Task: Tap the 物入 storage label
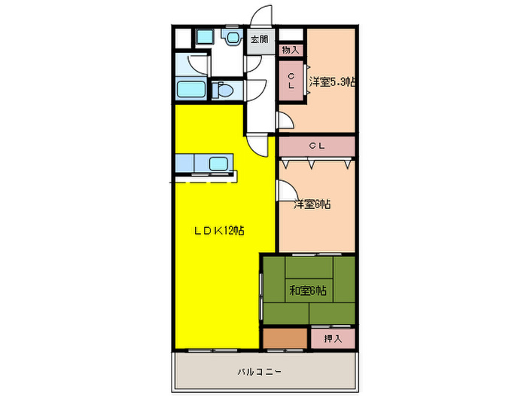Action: coord(291,51)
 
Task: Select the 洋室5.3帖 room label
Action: coord(331,82)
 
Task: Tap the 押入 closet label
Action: coord(332,339)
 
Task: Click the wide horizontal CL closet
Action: coord(317,146)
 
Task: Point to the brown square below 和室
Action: coord(285,339)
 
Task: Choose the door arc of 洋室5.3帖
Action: coord(285,120)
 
